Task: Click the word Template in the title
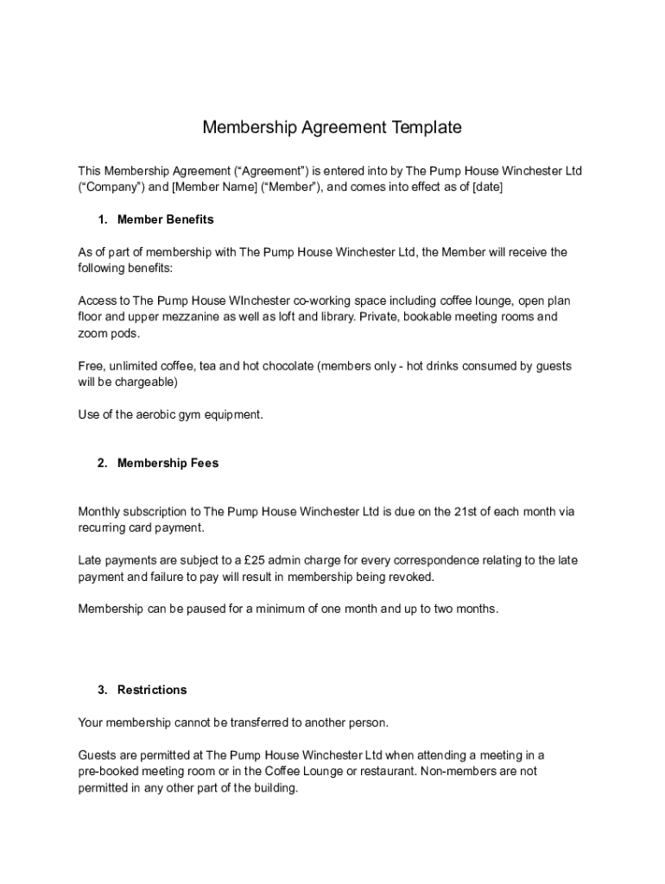point(427,128)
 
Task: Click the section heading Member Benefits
point(165,219)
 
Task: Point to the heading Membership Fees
point(168,464)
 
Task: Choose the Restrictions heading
point(152,690)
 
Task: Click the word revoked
point(410,577)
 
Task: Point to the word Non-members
point(454,771)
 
